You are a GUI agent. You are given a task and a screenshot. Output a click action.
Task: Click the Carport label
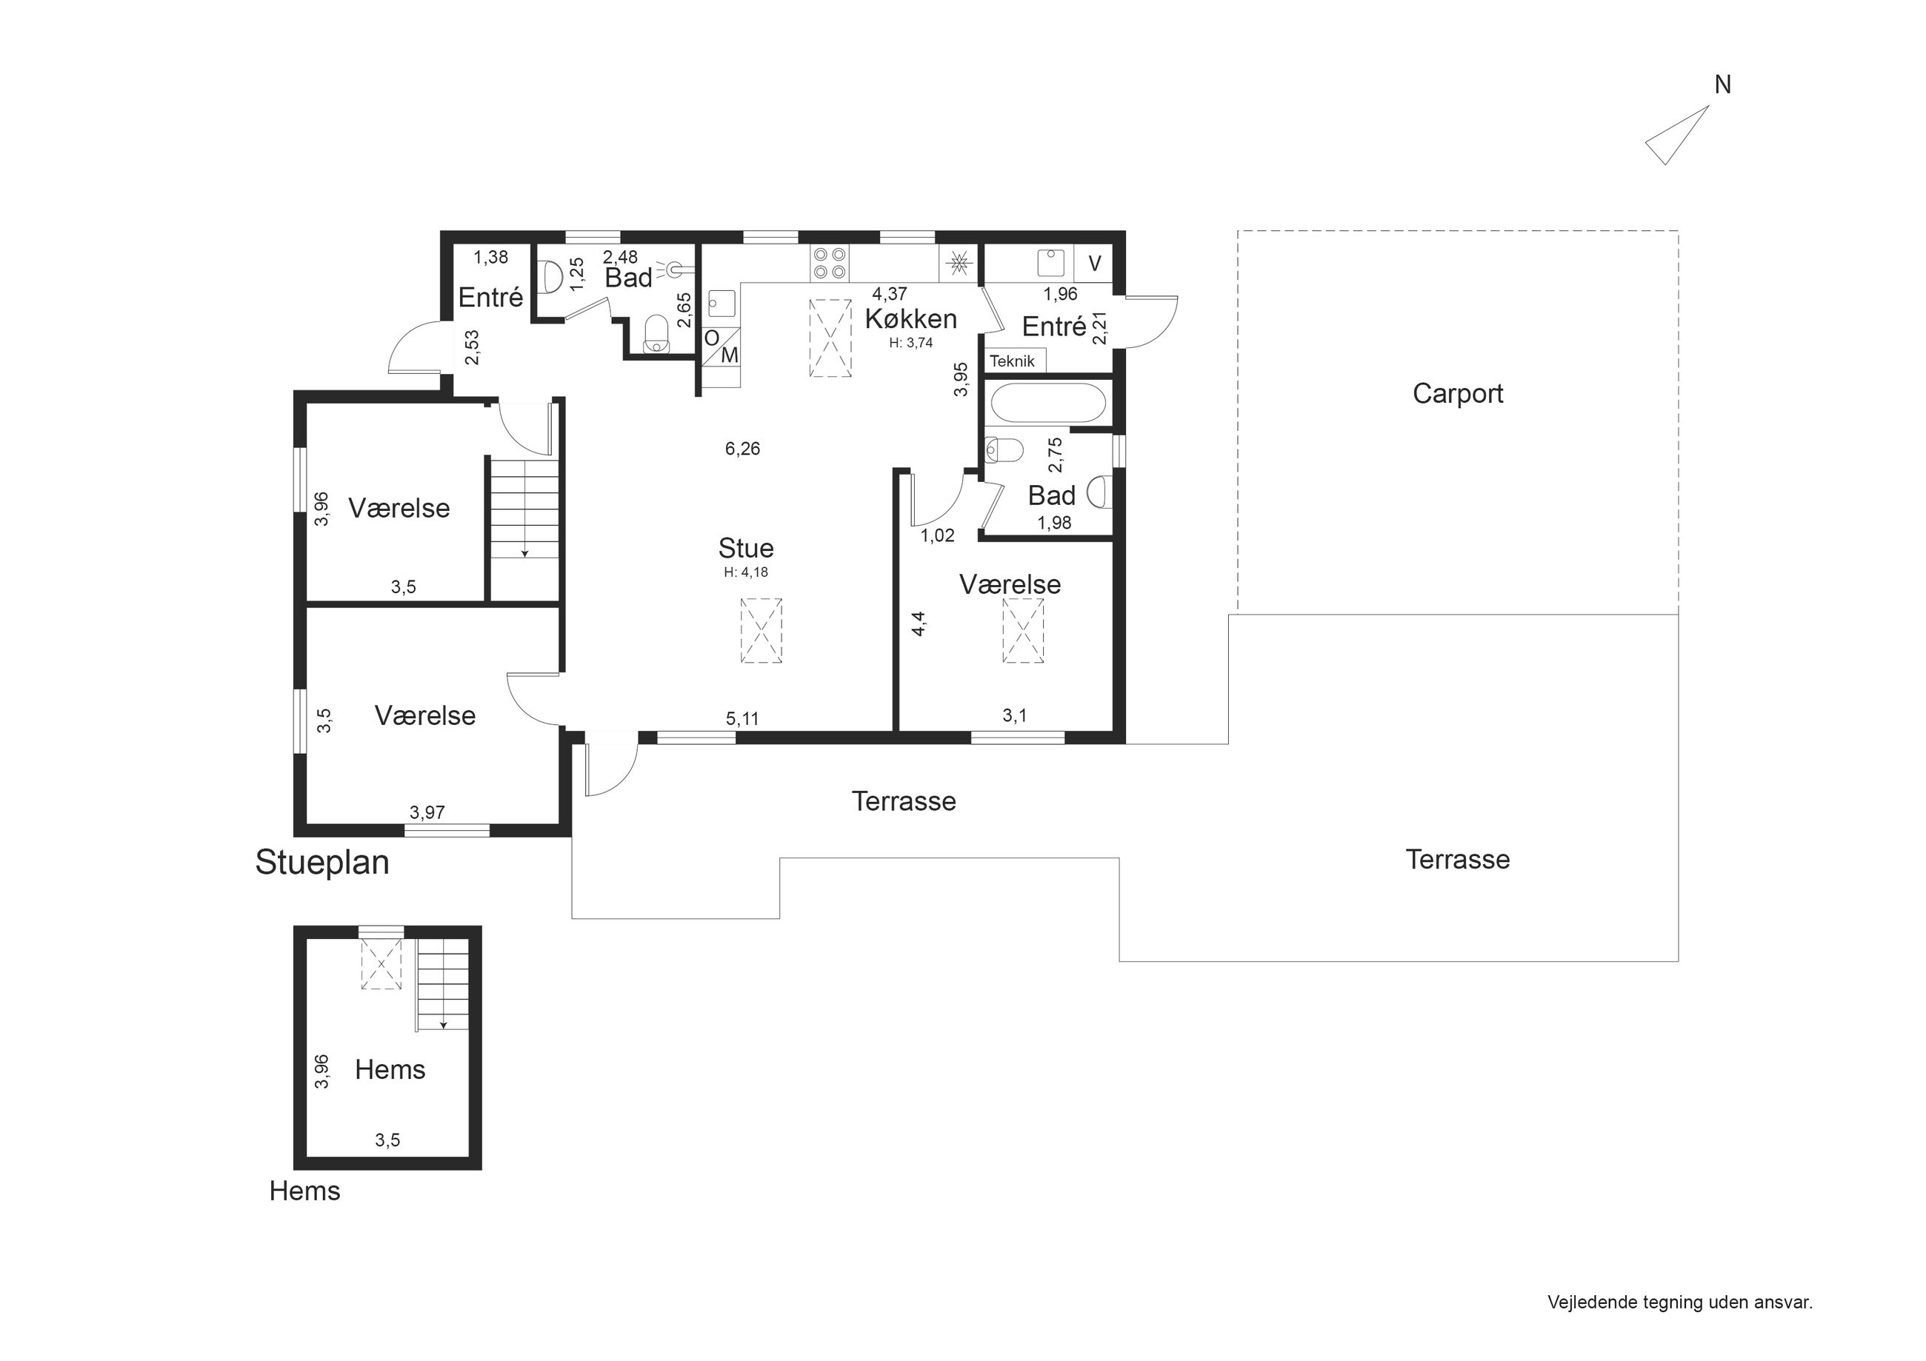click(1458, 393)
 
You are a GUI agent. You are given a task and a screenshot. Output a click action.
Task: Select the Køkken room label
click(911, 318)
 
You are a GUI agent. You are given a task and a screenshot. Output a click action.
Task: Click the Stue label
click(746, 549)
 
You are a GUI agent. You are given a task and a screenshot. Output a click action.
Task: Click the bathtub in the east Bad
click(1049, 404)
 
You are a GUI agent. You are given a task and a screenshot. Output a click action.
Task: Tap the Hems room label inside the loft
click(390, 1070)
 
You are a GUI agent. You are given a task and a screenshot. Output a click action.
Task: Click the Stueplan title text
click(322, 863)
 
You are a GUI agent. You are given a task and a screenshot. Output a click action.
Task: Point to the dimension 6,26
click(742, 449)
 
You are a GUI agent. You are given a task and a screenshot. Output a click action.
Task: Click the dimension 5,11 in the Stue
click(742, 719)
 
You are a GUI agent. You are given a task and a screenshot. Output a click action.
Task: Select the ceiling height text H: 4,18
click(746, 572)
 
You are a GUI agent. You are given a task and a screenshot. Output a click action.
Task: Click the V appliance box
click(1094, 264)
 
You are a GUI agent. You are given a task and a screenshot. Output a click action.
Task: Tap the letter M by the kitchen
click(730, 355)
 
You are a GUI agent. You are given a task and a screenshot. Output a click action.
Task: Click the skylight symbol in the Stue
click(761, 631)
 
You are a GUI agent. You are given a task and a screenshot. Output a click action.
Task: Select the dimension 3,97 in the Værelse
click(427, 812)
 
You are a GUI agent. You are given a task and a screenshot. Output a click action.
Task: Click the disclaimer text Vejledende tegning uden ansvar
click(1680, 1303)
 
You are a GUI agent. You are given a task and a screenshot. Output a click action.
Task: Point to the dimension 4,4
click(919, 624)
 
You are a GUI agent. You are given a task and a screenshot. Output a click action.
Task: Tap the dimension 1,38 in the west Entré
click(490, 258)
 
